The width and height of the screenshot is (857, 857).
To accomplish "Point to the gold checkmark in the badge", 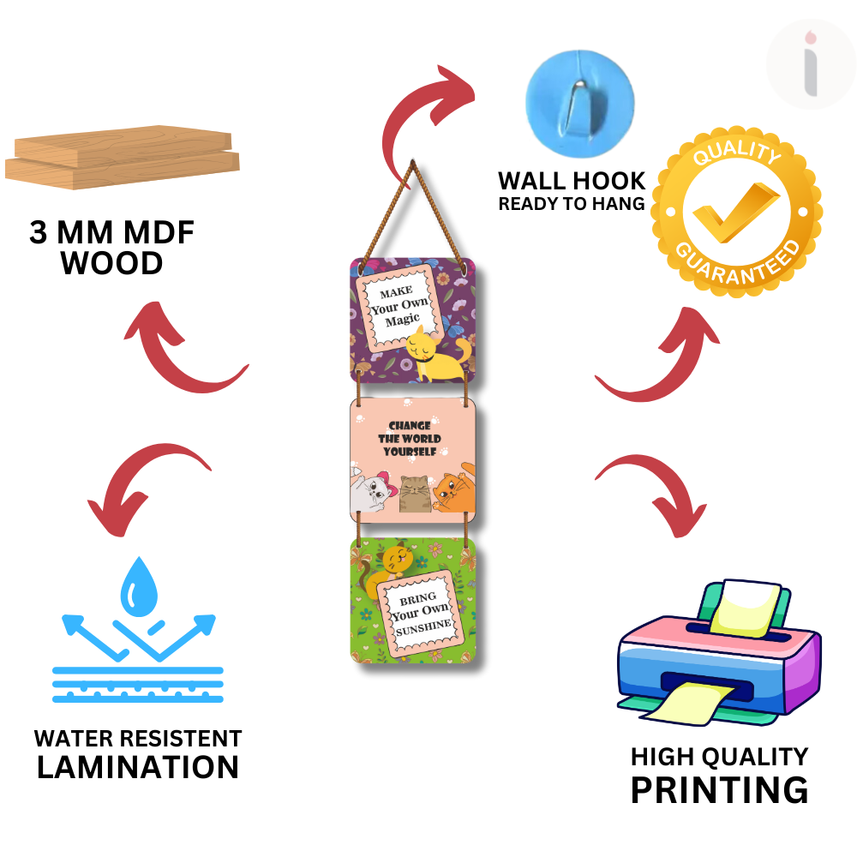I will [x=736, y=211].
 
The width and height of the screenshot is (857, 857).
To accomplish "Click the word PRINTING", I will [x=719, y=788].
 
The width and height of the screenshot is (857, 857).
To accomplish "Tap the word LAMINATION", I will [x=137, y=766].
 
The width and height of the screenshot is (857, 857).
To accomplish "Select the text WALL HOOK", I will [x=572, y=181].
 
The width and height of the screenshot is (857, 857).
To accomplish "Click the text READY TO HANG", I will [x=571, y=204].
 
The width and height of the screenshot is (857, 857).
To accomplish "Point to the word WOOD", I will [x=111, y=263].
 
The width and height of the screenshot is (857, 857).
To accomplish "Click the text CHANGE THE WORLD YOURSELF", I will [x=410, y=439].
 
